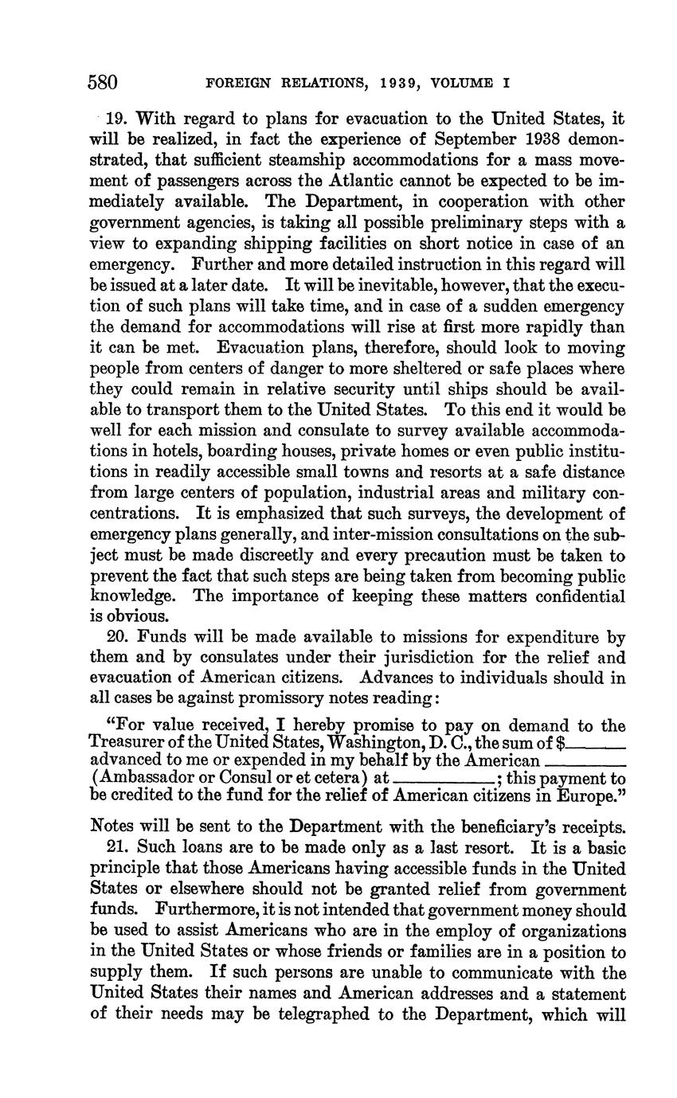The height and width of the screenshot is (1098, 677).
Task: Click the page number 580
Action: coord(103,83)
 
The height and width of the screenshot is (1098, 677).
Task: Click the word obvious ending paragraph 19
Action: coord(119,616)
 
